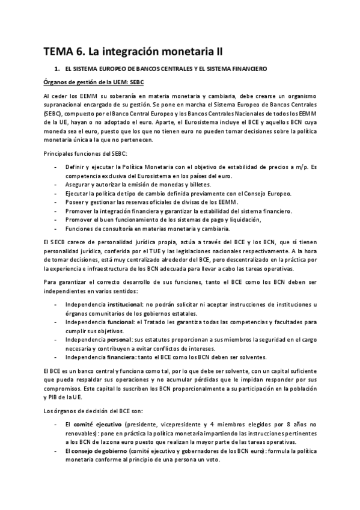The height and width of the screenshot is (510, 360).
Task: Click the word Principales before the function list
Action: tap(59, 155)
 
